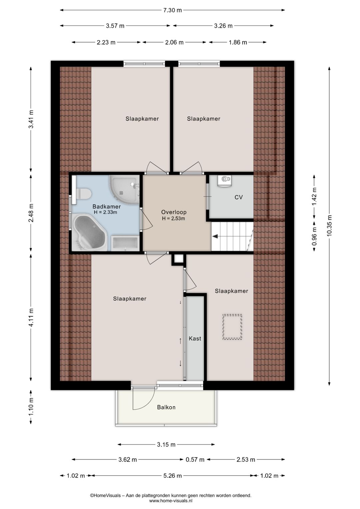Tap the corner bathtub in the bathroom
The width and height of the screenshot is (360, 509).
(x=89, y=232)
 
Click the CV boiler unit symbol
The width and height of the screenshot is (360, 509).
(x=225, y=181)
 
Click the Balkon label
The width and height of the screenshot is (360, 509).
(x=166, y=407)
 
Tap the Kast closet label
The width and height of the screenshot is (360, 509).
(x=195, y=338)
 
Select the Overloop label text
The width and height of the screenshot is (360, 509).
(x=174, y=212)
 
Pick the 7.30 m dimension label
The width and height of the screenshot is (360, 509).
(x=172, y=10)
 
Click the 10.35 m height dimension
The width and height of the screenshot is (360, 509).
(x=329, y=225)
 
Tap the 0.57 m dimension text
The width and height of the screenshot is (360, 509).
(x=195, y=459)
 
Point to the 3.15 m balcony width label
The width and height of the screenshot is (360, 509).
(x=166, y=444)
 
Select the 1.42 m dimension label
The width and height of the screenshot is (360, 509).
(x=314, y=196)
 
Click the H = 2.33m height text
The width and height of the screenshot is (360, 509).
(x=105, y=212)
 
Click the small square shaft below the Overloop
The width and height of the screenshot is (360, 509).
(x=179, y=259)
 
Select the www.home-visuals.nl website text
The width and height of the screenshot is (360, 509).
(x=171, y=501)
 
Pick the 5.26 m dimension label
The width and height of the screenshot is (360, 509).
(x=172, y=475)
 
